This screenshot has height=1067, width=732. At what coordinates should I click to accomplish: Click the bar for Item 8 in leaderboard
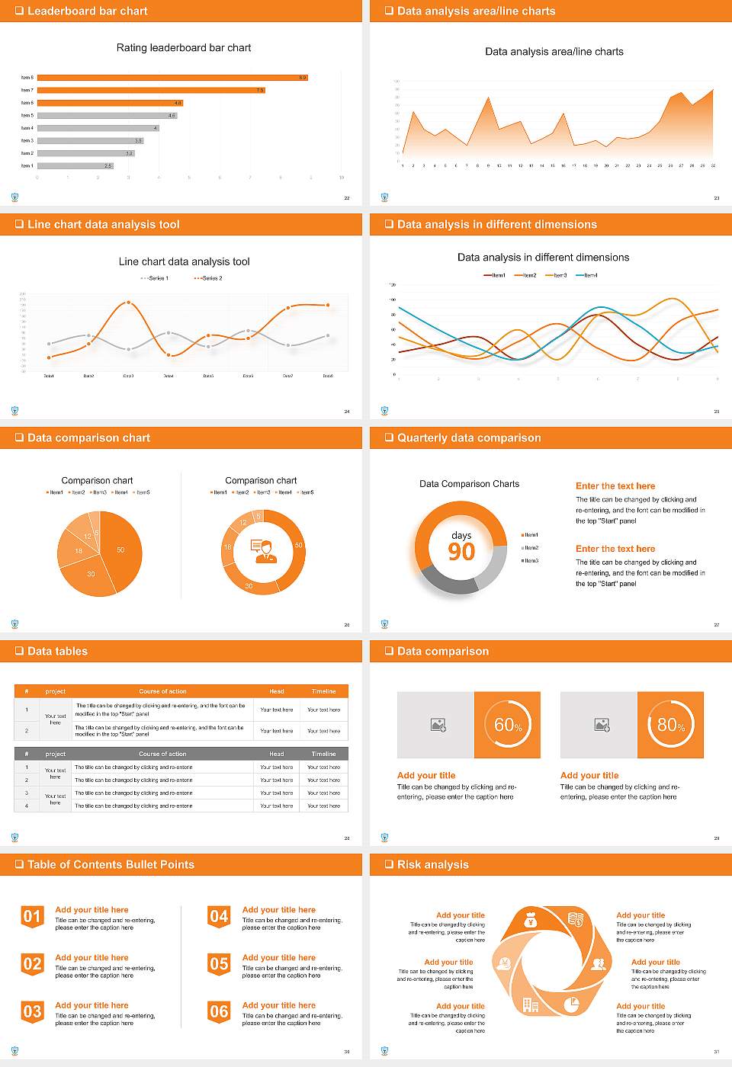tap(172, 78)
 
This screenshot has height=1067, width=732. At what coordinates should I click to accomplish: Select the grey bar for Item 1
tap(75, 165)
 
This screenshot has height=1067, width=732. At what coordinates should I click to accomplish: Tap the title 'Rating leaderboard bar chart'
tap(184, 48)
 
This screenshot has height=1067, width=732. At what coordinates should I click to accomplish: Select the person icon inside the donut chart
tap(263, 551)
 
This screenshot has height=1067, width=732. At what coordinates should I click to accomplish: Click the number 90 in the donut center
tap(461, 552)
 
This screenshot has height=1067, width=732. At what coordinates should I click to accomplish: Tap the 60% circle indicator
tap(507, 725)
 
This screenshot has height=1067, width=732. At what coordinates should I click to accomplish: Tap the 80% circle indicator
tap(670, 725)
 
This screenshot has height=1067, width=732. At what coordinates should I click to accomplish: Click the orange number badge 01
tap(32, 916)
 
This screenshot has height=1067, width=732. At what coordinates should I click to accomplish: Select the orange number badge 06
tap(219, 1011)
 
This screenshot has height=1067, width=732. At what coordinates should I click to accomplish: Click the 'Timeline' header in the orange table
tap(323, 691)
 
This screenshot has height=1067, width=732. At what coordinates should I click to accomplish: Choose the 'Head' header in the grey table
tap(276, 754)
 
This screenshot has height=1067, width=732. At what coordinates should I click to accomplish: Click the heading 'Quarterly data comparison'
tap(469, 438)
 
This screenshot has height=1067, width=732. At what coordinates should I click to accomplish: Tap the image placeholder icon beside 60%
tap(438, 725)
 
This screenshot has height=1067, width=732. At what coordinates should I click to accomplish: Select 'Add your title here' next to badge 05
tap(278, 958)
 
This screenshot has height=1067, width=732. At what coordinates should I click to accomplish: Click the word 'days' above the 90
tap(461, 535)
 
